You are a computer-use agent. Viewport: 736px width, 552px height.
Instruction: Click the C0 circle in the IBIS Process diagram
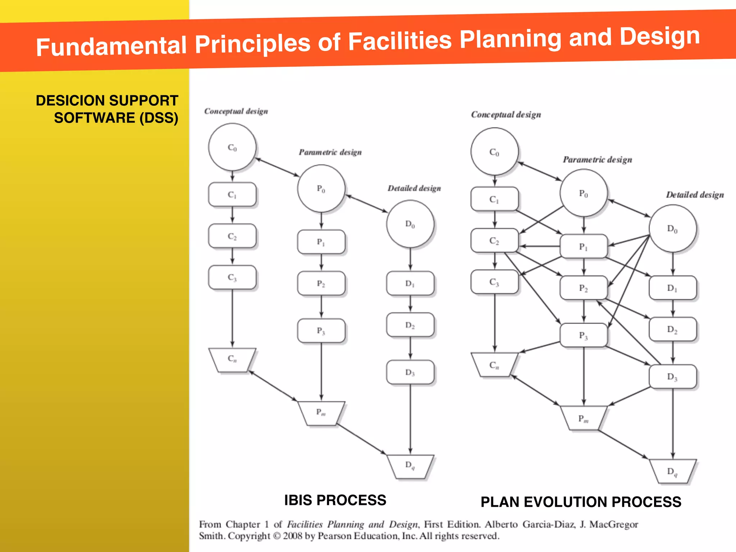[232, 147]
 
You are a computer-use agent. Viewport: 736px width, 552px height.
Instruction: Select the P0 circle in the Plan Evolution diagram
[583, 193]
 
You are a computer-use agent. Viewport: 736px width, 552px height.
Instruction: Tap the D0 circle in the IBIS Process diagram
[410, 224]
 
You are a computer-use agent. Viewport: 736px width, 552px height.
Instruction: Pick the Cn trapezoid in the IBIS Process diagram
[232, 359]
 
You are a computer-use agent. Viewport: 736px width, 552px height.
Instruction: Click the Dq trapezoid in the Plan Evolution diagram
[672, 471]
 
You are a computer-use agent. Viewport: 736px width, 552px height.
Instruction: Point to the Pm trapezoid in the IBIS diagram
[321, 413]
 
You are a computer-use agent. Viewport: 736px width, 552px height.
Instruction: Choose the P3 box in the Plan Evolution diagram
[583, 335]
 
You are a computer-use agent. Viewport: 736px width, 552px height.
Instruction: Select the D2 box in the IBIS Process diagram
[410, 325]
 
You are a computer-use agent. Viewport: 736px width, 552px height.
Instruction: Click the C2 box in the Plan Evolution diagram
[494, 240]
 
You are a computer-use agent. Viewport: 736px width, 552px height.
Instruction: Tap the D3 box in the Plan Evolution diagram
[672, 376]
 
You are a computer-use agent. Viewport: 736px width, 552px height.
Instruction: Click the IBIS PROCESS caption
[335, 500]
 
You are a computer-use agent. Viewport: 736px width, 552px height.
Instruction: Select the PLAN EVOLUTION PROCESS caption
[581, 502]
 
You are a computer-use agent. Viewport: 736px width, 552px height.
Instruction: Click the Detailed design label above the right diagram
[695, 195]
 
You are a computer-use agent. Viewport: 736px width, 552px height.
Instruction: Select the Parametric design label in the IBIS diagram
[330, 152]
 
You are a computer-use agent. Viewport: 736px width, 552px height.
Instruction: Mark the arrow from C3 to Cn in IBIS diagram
[232, 318]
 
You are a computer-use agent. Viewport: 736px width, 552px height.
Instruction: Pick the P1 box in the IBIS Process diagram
[321, 242]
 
